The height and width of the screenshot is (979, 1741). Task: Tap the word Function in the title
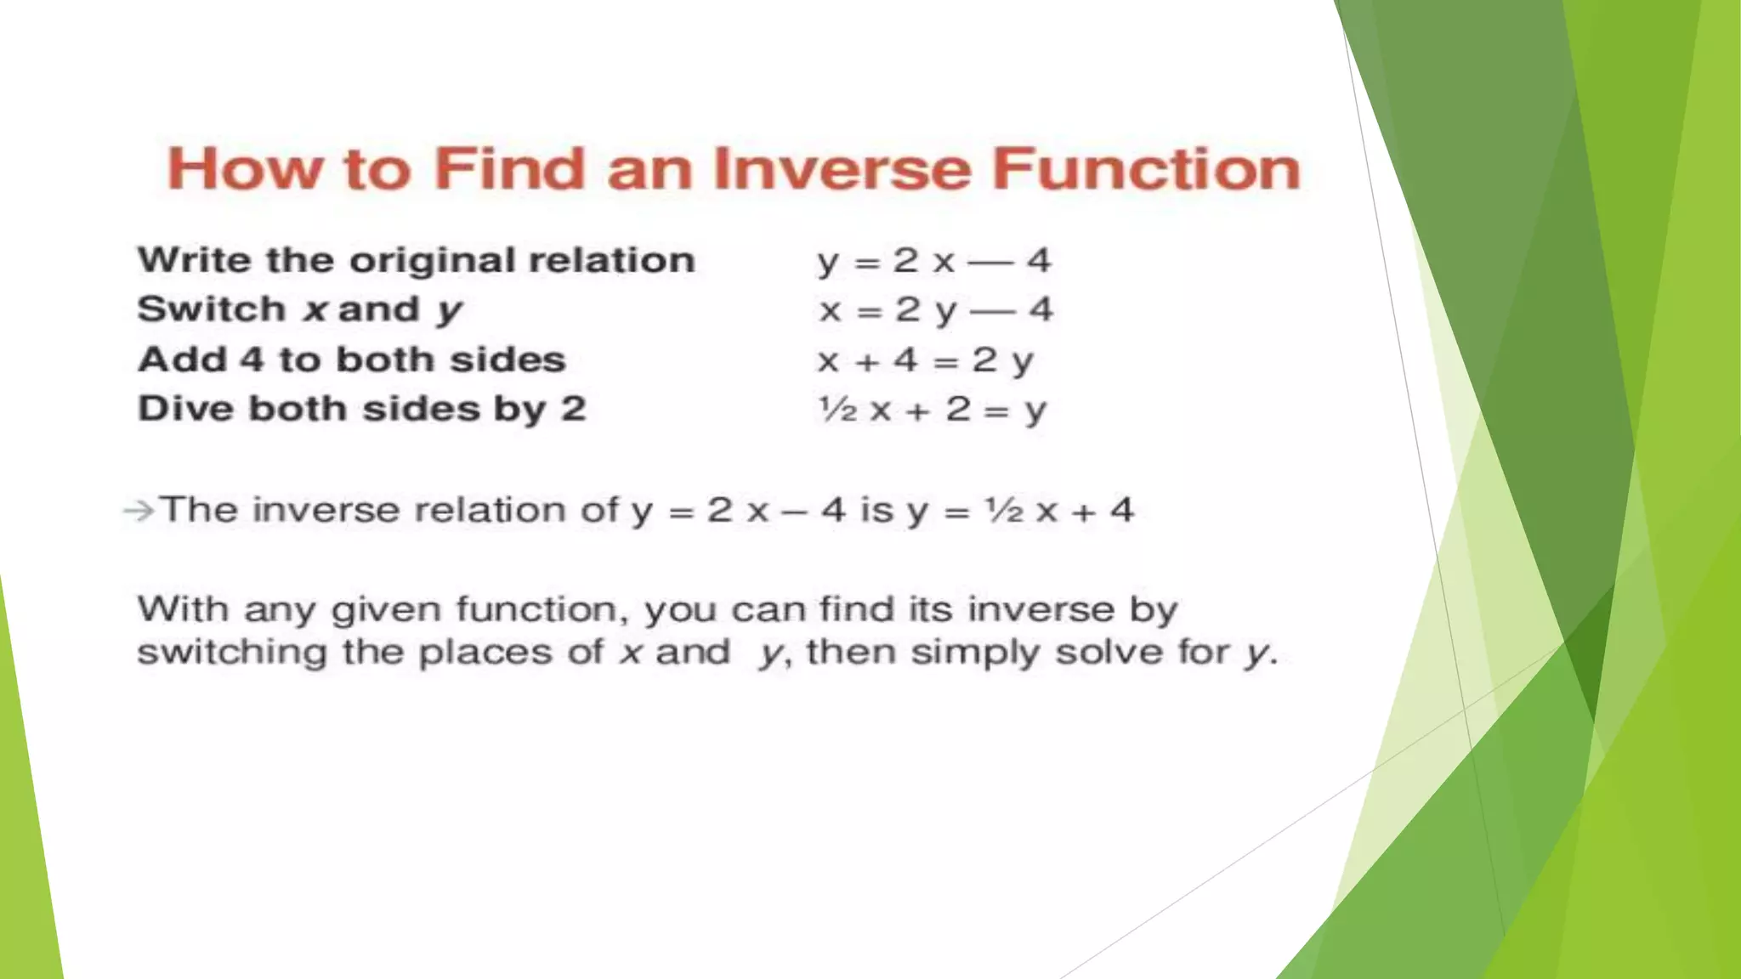click(x=1146, y=168)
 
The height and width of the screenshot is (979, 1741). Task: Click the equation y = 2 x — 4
click(x=933, y=260)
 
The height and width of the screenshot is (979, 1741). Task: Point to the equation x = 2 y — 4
click(x=935, y=310)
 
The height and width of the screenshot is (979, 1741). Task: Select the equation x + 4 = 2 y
click(x=925, y=360)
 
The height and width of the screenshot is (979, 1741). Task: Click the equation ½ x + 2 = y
click(x=932, y=410)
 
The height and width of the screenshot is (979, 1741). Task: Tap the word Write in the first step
click(x=194, y=260)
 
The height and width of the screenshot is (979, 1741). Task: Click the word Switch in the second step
click(x=210, y=309)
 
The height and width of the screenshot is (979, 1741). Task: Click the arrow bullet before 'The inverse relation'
click(x=139, y=511)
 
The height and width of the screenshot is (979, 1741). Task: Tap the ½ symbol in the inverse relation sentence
click(x=1003, y=510)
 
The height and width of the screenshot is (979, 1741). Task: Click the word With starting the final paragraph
click(x=183, y=609)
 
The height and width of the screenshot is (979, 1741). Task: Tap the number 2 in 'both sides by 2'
click(x=573, y=409)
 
